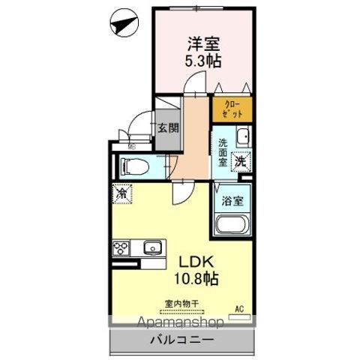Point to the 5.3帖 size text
203,62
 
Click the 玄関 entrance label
167,127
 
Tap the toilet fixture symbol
134,165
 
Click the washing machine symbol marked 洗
241,161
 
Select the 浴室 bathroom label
232,200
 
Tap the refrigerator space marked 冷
121,194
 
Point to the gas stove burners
121,247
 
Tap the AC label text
241,308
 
